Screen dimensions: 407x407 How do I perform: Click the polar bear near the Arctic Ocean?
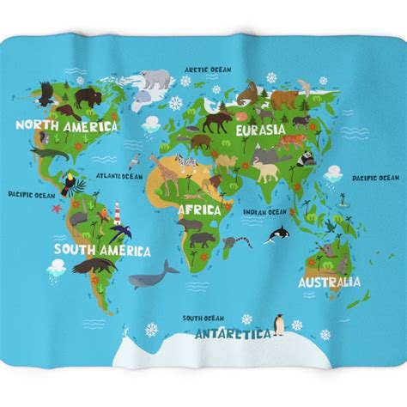pos(156,80)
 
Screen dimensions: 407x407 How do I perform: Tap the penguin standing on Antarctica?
pos(278,324)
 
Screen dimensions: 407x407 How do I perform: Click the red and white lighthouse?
pos(118,212)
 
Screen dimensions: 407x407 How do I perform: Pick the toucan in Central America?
pos(70,183)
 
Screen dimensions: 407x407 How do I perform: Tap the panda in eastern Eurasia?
pos(305,159)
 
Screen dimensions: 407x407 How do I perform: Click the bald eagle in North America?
pos(44,93)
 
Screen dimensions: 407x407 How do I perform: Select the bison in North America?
pos(86,97)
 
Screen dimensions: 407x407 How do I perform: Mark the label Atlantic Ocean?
pos(118,176)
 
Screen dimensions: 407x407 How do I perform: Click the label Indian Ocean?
pos(264,211)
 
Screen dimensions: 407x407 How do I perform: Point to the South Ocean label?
pos(203,317)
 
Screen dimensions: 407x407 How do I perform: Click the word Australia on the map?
pos(328,281)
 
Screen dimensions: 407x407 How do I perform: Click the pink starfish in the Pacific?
pos(58,207)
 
